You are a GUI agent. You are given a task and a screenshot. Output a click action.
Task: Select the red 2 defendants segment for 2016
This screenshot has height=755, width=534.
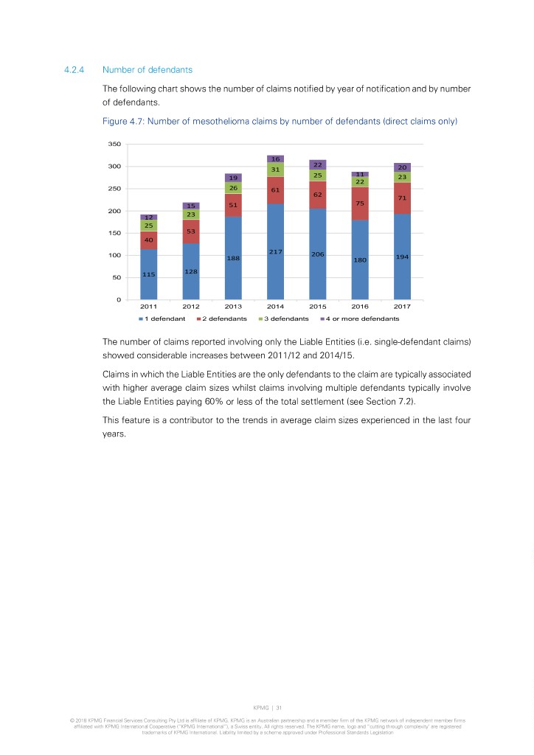point(360,203)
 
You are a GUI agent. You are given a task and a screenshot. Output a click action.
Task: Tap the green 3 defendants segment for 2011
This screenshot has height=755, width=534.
point(148,226)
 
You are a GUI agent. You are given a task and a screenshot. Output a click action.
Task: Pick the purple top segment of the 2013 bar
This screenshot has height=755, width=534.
point(233,178)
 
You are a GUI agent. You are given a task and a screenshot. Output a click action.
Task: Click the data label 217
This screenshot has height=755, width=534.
point(275,252)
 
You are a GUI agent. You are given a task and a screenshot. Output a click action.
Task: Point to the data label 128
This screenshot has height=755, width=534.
point(191,271)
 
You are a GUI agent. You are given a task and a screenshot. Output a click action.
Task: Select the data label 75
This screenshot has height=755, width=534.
point(360,203)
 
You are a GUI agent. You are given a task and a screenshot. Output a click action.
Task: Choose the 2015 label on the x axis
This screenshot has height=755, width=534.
point(318,307)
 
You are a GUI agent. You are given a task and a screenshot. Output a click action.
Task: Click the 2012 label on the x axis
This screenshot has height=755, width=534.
point(191,307)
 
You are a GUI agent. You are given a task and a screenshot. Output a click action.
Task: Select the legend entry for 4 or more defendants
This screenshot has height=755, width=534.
point(364,319)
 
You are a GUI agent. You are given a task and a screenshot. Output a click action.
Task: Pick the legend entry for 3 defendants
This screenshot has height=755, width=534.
point(286,319)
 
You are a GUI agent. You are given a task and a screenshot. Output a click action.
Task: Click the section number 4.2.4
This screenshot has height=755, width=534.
point(76,70)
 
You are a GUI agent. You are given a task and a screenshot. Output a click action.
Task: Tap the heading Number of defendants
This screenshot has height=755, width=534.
point(148,70)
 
